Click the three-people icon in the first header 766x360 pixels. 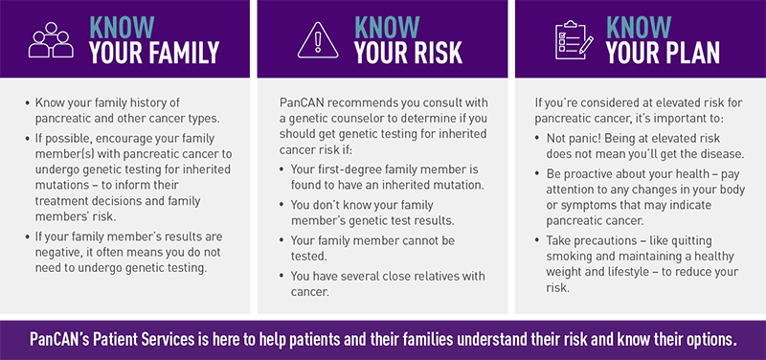49,42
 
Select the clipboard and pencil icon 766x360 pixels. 574,41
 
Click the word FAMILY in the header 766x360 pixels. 184,56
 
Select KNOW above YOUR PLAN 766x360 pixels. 640,26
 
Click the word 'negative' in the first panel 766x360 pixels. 64,252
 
